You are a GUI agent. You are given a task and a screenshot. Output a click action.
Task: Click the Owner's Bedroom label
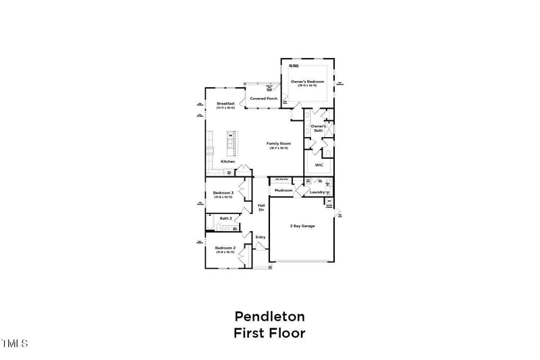point(308,82)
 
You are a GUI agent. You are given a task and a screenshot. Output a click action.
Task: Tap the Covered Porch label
point(263,99)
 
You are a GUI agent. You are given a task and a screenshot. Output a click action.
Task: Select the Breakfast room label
point(225,103)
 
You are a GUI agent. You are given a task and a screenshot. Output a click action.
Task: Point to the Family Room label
point(279,144)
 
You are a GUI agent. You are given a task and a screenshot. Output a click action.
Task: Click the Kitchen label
point(228,161)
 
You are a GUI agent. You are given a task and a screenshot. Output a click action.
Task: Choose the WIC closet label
point(319,165)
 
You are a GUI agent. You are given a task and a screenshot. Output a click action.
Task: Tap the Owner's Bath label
point(319,128)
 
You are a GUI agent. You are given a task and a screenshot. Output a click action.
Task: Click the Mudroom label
point(283,190)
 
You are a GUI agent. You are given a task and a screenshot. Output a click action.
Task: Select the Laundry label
point(317,192)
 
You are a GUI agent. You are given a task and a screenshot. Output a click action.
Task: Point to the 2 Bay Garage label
point(302,226)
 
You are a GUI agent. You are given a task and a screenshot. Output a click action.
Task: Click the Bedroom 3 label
point(223,193)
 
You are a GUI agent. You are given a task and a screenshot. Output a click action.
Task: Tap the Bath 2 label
point(225,219)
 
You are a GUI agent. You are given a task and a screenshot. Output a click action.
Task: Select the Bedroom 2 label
point(225,248)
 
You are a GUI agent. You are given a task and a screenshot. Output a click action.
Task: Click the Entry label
point(260,237)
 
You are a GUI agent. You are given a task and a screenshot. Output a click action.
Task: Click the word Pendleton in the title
point(269,316)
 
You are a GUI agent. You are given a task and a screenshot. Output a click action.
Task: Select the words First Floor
point(269,333)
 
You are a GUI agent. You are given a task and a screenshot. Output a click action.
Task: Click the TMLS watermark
point(14,344)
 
